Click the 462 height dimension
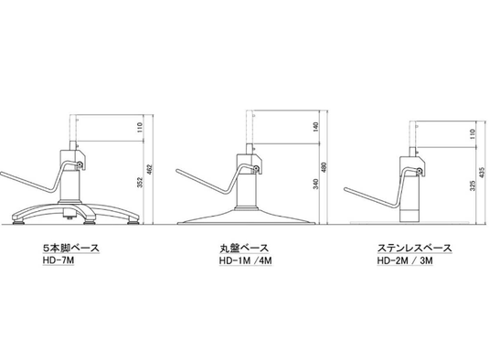[x=149, y=169]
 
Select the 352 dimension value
[x=140, y=183]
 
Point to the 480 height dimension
[x=324, y=168]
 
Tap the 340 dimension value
[x=316, y=184]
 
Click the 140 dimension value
[x=316, y=126]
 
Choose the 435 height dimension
[x=482, y=173]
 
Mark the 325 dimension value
[x=473, y=185]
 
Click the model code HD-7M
[x=58, y=259]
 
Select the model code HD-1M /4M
[x=245, y=260]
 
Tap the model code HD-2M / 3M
[x=405, y=260]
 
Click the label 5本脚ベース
[x=71, y=249]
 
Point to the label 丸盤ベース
[x=244, y=249]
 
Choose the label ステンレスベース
[x=414, y=249]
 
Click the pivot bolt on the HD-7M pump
[x=80, y=164]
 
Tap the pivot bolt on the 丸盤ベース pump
[x=257, y=168]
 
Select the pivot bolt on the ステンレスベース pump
[x=420, y=171]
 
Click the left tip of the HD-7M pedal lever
[x=2, y=173]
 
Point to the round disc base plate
[x=247, y=217]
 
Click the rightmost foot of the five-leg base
[x=133, y=222]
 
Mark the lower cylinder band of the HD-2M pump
[x=409, y=216]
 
